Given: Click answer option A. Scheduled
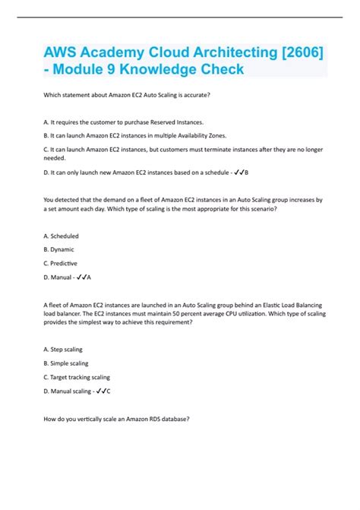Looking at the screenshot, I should pos(62,236).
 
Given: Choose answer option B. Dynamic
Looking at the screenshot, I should pos(59,249).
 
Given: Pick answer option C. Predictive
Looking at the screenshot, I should pos(62,262).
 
